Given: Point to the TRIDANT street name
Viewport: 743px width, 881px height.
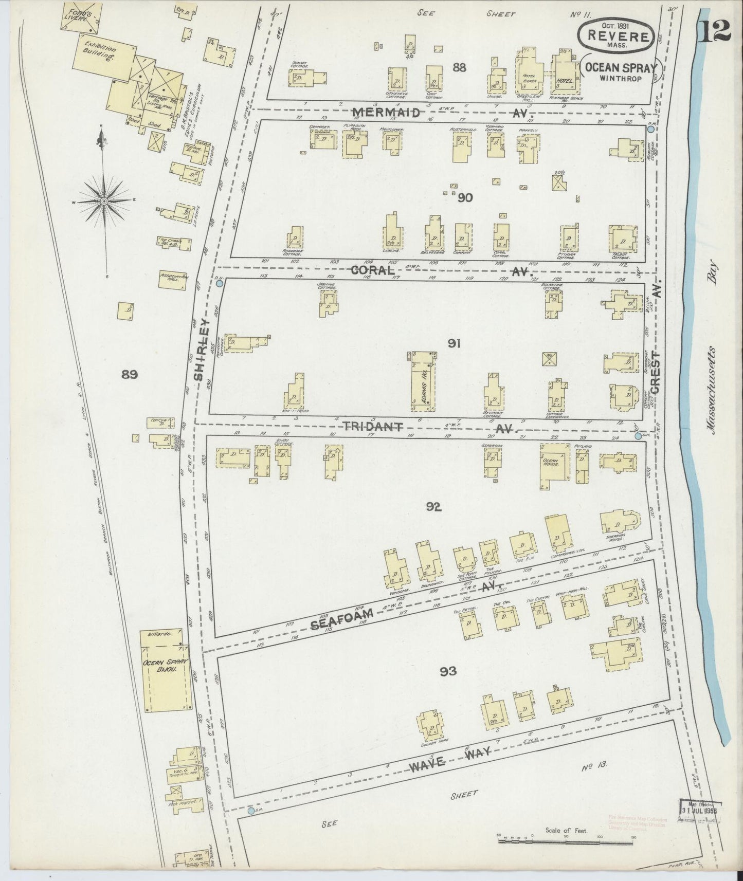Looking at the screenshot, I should pyautogui.click(x=371, y=427).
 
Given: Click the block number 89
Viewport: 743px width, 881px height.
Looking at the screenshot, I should pyautogui.click(x=129, y=375).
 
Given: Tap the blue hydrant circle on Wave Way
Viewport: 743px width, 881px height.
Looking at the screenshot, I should pyautogui.click(x=251, y=811).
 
